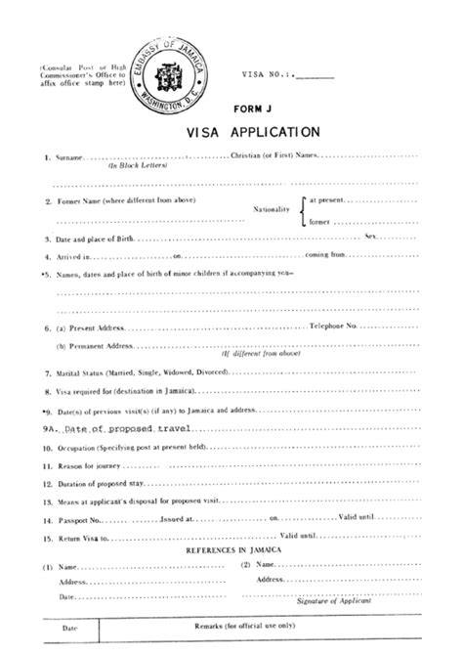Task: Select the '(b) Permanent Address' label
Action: coord(94,346)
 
